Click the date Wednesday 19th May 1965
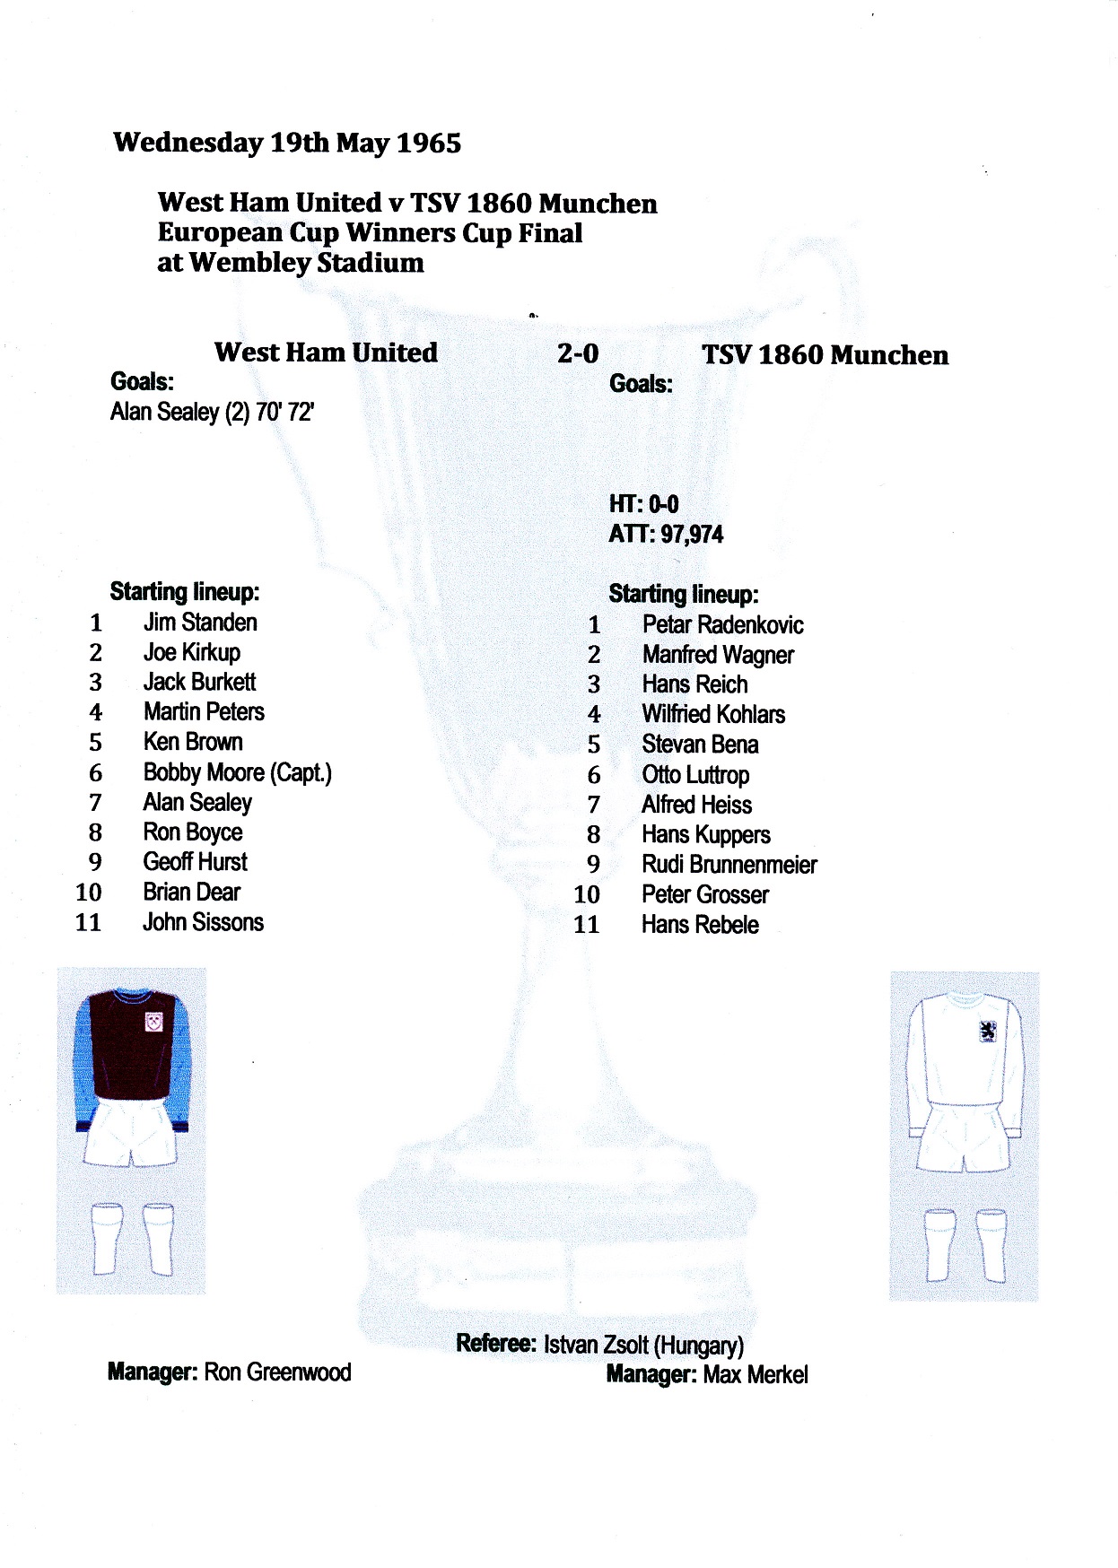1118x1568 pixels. coord(287,143)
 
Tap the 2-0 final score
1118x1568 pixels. coord(577,353)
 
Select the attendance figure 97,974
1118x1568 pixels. coord(692,535)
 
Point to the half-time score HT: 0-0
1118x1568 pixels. coord(643,504)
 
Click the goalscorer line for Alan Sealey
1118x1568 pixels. coord(212,412)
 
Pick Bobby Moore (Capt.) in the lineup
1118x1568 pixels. coord(237,772)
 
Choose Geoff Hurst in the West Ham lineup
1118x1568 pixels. coord(195,862)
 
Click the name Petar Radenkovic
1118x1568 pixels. coord(722,625)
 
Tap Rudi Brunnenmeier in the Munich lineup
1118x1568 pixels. coord(729,865)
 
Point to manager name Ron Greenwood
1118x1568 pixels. coord(277,1372)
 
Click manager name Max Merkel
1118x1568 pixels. coord(756,1374)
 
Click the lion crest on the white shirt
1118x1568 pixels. coord(988,1032)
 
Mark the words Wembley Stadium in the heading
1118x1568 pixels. coord(306,263)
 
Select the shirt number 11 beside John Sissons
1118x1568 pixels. coord(88,922)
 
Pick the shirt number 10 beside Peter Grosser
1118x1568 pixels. coord(586,894)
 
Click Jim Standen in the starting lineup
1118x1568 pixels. coord(200,623)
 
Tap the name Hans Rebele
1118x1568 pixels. coord(700,925)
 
